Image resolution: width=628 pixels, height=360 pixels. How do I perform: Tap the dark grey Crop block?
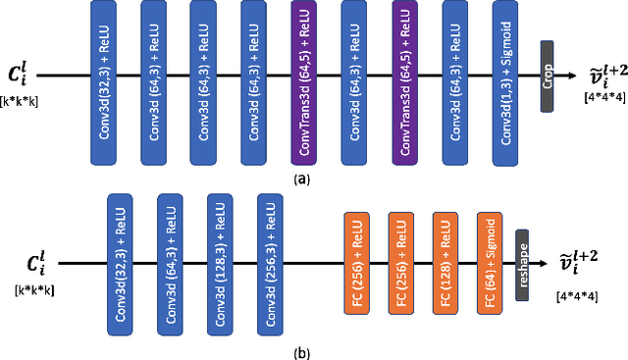[547, 77]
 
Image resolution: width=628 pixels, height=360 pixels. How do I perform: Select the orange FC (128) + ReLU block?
[445, 263]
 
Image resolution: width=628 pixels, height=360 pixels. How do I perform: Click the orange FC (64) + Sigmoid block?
[489, 263]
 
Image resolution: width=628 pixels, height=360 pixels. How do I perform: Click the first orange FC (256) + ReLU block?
[358, 263]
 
